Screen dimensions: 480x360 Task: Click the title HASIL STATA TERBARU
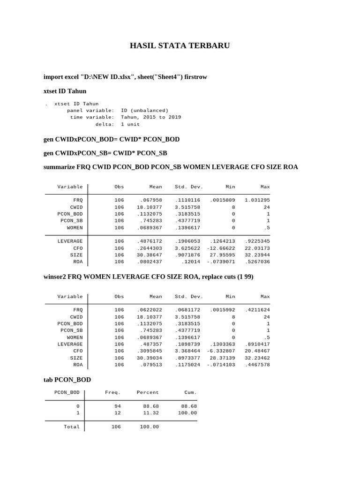pyautogui.click(x=180, y=46)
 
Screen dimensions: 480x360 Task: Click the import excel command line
pyautogui.click(x=125, y=76)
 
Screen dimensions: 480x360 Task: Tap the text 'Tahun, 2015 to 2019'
pyautogui.click(x=151, y=117)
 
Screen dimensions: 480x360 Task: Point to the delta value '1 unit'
pyautogui.click(x=130, y=124)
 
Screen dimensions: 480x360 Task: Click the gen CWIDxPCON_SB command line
pyautogui.click(x=105, y=153)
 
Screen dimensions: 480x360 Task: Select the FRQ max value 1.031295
pyautogui.click(x=257, y=200)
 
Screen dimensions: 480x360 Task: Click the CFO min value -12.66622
pyautogui.click(x=221, y=248)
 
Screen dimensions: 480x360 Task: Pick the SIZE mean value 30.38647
pyautogui.click(x=149, y=255)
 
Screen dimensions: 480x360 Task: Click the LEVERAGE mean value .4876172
pyautogui.click(x=149, y=241)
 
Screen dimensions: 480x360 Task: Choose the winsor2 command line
pyautogui.click(x=148, y=277)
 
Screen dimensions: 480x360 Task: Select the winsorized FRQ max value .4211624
pyautogui.click(x=257, y=310)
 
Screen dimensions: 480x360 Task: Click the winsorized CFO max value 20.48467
pyautogui.click(x=257, y=351)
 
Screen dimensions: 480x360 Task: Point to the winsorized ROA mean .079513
pyautogui.click(x=150, y=365)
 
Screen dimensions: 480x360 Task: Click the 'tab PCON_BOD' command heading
pyautogui.click(x=67, y=380)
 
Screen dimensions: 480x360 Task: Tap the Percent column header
pyautogui.click(x=148, y=392)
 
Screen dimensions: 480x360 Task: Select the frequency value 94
pyautogui.click(x=117, y=406)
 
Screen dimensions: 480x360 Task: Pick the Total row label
pyautogui.click(x=72, y=427)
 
